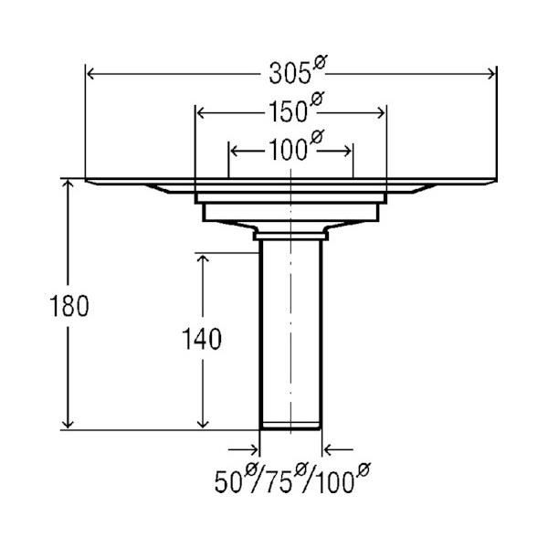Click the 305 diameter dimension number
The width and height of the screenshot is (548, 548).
point(290,74)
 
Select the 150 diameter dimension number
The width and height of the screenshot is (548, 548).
point(289,112)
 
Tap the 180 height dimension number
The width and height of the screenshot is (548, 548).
point(69,306)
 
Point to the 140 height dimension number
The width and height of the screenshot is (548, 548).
point(202,339)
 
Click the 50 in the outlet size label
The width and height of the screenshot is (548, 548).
point(228,482)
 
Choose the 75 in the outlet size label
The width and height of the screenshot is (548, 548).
point(279,482)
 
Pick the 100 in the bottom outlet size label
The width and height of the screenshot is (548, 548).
point(334,482)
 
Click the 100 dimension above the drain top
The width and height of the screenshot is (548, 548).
point(289,151)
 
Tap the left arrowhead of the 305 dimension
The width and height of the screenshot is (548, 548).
point(90,74)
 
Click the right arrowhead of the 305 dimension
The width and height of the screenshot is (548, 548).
point(491,74)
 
